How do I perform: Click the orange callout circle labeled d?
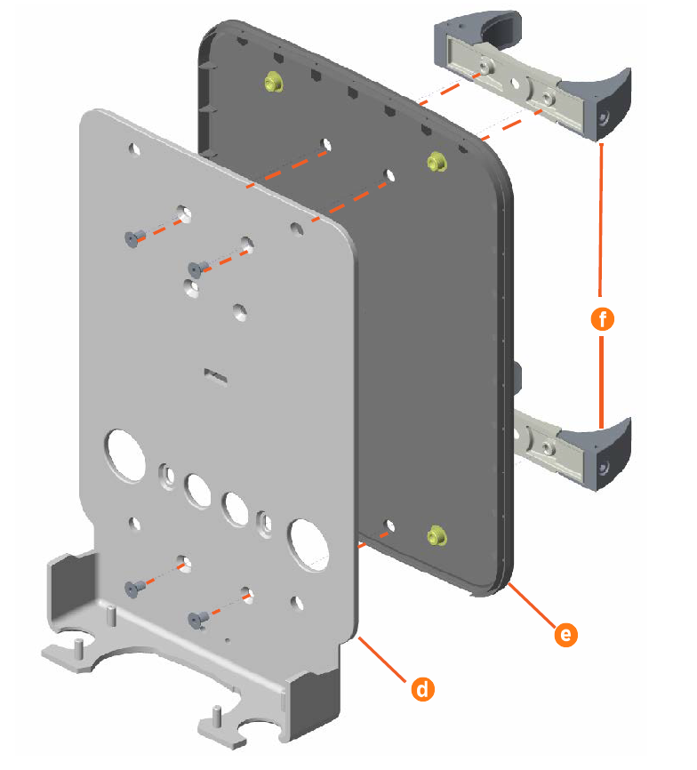point(422,687)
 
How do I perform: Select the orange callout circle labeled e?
point(564,634)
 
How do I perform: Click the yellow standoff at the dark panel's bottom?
point(435,534)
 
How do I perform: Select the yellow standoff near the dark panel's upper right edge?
point(437,160)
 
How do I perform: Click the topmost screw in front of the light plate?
point(132,237)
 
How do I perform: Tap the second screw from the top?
point(196,267)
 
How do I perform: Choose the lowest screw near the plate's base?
point(196,616)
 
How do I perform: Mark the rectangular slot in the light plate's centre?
point(216,377)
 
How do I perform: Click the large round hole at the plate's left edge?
point(126,453)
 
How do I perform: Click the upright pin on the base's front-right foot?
point(216,714)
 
